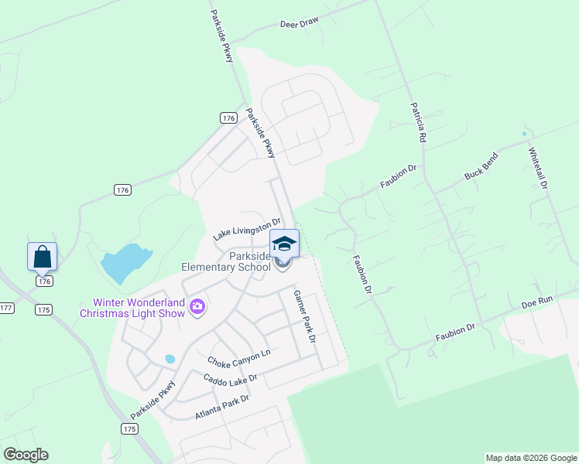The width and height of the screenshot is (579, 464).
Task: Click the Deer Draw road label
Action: pyautogui.click(x=299, y=23)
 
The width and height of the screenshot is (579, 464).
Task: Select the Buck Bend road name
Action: pyautogui.click(x=481, y=166)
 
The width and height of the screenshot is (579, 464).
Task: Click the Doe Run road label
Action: pyautogui.click(x=538, y=303)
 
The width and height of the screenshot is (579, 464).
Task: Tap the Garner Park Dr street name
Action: pyautogui.click(x=304, y=317)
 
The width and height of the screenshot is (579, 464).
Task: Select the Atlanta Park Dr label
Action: pyautogui.click(x=222, y=408)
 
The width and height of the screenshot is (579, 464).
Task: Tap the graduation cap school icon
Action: pyautogui.click(x=284, y=243)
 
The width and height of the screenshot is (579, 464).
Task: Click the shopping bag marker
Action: pyautogui.click(x=42, y=256)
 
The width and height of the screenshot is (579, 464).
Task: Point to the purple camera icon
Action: pyautogui.click(x=197, y=307)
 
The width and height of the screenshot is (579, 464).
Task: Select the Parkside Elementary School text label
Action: pyautogui.click(x=225, y=261)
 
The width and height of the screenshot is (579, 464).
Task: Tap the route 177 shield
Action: pyautogui.click(x=5, y=307)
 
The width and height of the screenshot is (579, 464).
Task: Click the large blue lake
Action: pyautogui.click(x=124, y=263)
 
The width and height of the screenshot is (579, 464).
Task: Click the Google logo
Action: pyautogui.click(x=26, y=455)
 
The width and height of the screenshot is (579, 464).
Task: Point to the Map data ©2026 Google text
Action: pyautogui.click(x=531, y=458)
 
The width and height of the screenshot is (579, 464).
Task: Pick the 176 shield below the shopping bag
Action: pyautogui.click(x=44, y=281)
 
